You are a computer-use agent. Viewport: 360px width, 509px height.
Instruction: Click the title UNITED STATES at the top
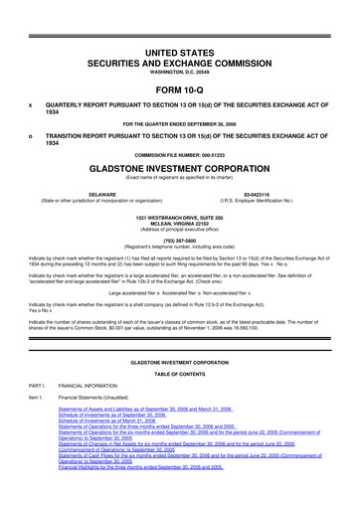click(x=180, y=51)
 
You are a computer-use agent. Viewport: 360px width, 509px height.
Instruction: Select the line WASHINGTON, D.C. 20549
click(x=180, y=71)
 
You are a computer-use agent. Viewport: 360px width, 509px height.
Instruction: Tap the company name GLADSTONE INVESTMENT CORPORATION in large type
click(x=180, y=169)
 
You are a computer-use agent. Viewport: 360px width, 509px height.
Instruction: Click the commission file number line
click(x=180, y=156)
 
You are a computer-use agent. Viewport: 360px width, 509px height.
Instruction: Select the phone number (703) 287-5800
click(x=180, y=239)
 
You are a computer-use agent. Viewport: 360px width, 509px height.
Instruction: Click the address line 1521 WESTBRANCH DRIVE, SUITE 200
click(x=180, y=216)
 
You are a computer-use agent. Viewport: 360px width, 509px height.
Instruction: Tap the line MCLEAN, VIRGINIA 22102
click(x=180, y=222)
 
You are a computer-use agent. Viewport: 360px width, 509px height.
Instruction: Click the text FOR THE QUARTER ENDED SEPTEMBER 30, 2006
click(x=180, y=123)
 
